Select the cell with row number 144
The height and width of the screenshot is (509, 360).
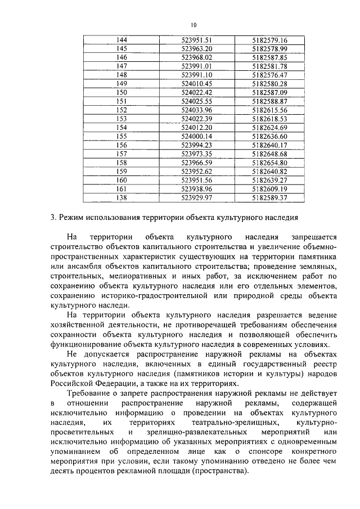(121, 40)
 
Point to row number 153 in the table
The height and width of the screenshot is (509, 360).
(121, 119)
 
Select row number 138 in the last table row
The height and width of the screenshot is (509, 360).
(121, 197)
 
